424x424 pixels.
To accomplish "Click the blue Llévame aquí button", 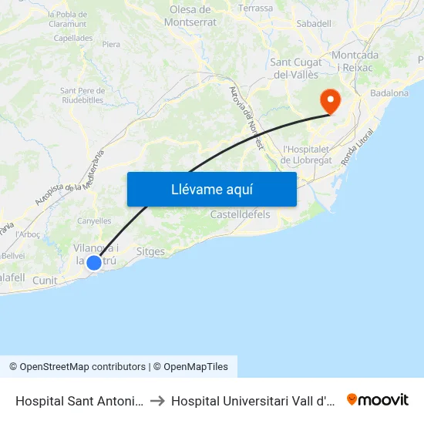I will (x=211, y=189).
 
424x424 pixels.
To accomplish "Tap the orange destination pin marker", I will (x=330, y=101).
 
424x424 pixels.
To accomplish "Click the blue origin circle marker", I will (x=94, y=262).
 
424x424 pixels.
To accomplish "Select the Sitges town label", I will (x=150, y=251).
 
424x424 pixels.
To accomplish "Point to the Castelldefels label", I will (x=241, y=214).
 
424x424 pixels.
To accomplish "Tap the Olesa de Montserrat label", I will (x=190, y=15).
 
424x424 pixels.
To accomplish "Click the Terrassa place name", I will (x=256, y=8).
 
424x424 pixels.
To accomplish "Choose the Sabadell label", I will (x=314, y=24).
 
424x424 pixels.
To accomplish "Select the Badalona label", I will (x=389, y=93).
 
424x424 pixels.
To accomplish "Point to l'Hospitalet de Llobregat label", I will (x=306, y=154).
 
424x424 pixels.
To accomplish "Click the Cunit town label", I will (x=45, y=281).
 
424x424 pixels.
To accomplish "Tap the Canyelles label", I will (x=94, y=221).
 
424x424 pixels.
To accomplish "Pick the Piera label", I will (x=111, y=45).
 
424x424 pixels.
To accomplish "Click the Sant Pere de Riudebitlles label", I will (x=82, y=95).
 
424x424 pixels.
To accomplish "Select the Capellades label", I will (x=74, y=38).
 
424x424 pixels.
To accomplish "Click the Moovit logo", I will (x=378, y=399).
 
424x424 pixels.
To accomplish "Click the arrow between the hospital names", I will (x=157, y=401).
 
